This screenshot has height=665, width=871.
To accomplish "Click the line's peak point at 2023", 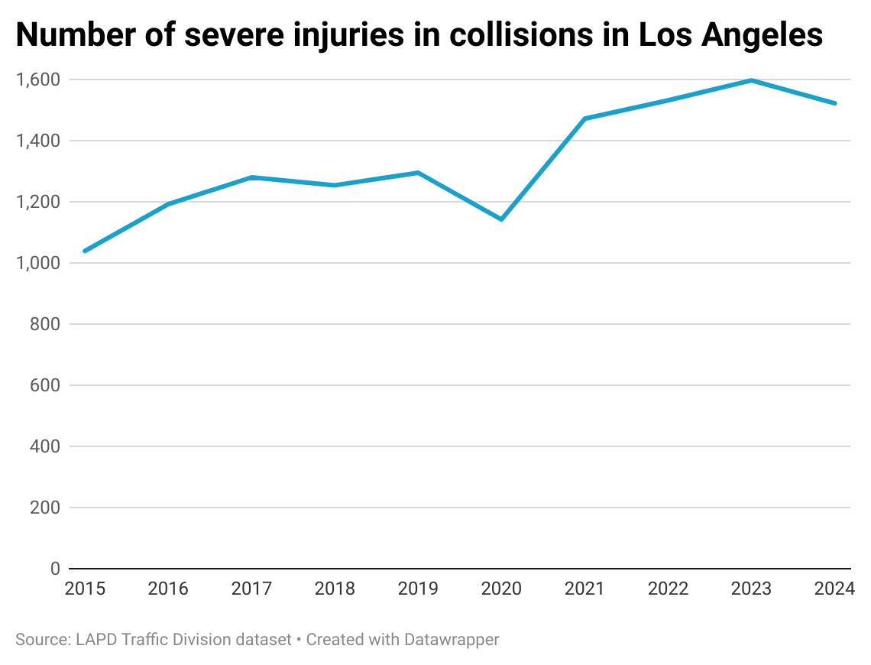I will tap(752, 80).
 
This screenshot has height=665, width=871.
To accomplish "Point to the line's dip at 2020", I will tap(501, 219).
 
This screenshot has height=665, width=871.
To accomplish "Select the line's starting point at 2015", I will tap(84, 251).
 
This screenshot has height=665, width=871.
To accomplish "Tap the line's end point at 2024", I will tap(835, 103).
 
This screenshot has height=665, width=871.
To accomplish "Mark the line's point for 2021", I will tap(584, 118).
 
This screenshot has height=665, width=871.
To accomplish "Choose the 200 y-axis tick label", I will tap(45, 508).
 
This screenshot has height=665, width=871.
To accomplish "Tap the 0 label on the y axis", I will tap(55, 569).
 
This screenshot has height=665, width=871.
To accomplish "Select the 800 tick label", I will tap(45, 324).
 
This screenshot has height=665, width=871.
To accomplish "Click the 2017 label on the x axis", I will tap(251, 589).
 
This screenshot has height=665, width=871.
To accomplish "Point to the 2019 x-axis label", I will tap(418, 589).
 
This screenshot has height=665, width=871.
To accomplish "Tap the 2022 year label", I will tap(668, 589).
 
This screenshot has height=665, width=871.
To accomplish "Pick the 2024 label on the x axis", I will tap(834, 589).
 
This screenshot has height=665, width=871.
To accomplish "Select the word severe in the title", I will tap(226, 36).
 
